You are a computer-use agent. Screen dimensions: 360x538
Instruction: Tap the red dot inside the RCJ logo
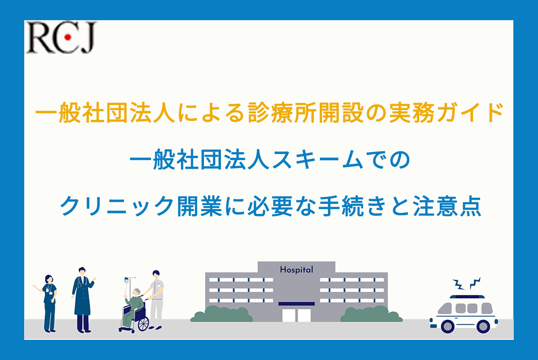(68, 38)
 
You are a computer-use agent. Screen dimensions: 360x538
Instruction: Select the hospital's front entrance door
(296, 314)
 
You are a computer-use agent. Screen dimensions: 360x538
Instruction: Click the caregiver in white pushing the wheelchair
(156, 299)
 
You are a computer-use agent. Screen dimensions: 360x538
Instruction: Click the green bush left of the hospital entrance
(220, 314)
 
